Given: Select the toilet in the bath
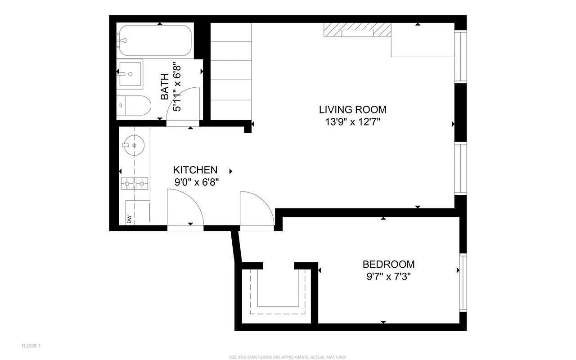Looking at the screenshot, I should pyautogui.click(x=135, y=105).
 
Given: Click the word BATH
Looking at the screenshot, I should pyautogui.click(x=165, y=87).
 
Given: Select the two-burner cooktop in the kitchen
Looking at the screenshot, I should pyautogui.click(x=134, y=183).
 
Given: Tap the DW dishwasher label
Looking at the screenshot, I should pyautogui.click(x=129, y=219).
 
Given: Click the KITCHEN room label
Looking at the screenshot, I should pyautogui.click(x=195, y=170).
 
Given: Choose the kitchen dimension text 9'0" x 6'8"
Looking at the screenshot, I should pyautogui.click(x=196, y=182).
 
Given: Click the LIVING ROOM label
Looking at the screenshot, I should pyautogui.click(x=352, y=109).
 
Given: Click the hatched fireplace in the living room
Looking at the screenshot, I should pyautogui.click(x=357, y=32).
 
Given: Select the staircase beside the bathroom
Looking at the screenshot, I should pyautogui.click(x=230, y=72).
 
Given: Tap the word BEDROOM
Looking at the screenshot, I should pyautogui.click(x=388, y=265).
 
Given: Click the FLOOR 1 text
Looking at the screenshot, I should pyautogui.click(x=31, y=346).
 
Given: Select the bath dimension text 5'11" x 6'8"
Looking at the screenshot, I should pyautogui.click(x=177, y=87).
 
